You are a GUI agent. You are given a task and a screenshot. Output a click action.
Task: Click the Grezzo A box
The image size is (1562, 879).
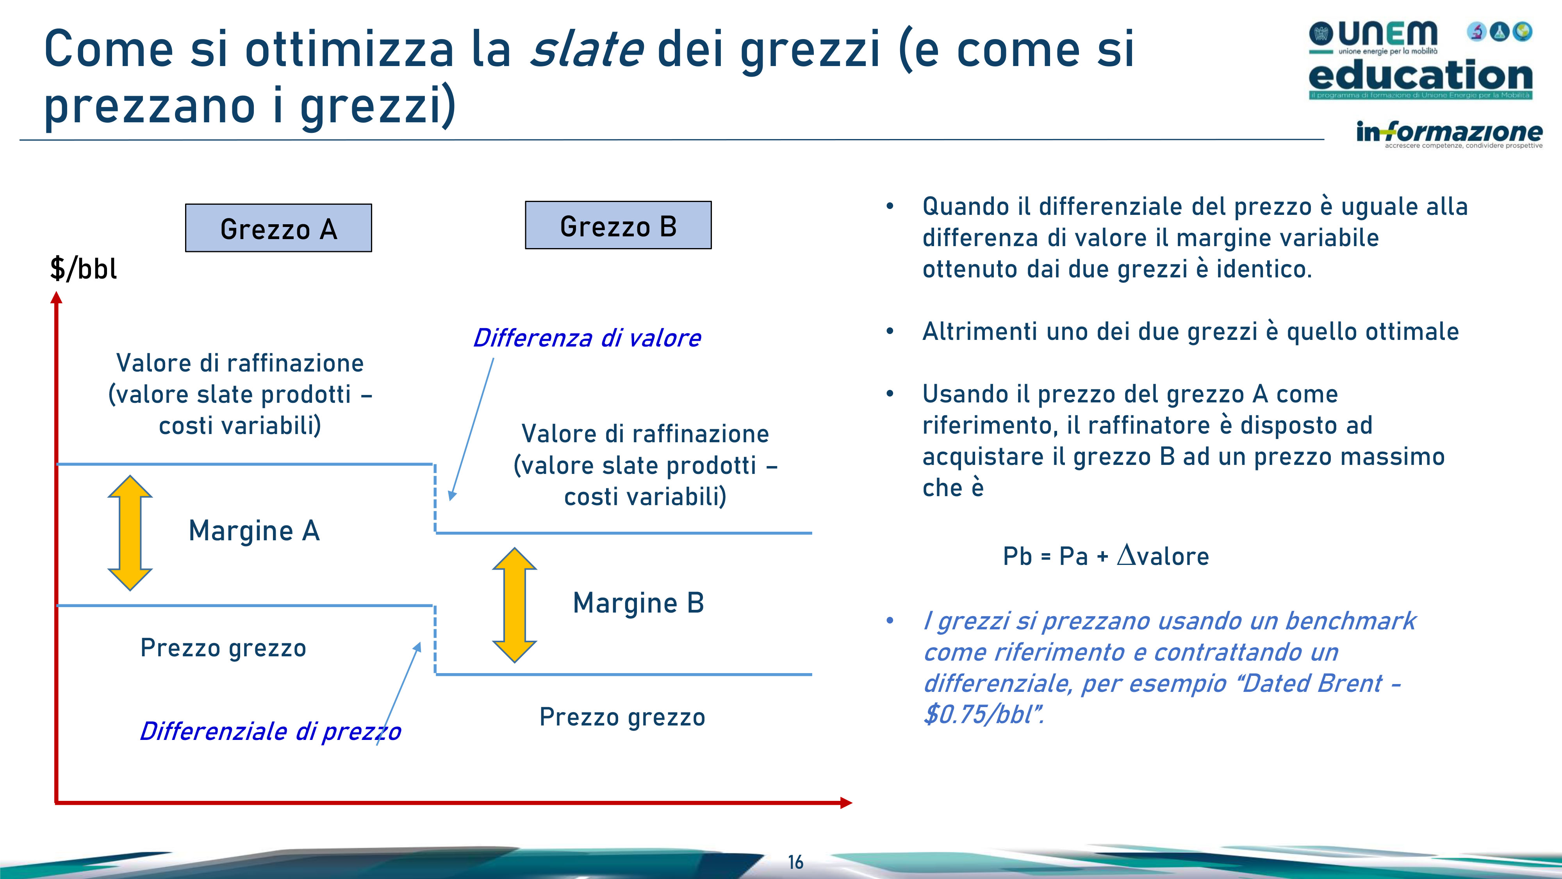[278, 228]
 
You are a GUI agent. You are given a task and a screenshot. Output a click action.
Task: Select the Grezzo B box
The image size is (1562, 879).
[618, 225]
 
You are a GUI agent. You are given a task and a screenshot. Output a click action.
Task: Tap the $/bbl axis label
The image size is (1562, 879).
[83, 269]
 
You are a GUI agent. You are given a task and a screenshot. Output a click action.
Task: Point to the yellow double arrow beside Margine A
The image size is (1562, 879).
[130, 532]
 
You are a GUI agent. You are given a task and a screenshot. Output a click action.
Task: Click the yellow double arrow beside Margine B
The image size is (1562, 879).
[514, 605]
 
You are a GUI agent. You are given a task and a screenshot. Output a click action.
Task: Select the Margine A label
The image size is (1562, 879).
[254, 531]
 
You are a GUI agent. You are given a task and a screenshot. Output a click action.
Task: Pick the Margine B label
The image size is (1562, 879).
[638, 603]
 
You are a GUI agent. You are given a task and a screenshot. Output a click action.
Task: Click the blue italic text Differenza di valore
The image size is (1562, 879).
[587, 338]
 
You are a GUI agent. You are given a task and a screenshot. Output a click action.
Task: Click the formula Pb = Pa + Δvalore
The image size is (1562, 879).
[1106, 556]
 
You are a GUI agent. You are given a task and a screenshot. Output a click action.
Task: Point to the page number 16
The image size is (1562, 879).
[795, 862]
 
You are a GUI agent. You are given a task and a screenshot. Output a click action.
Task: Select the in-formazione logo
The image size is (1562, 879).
[1449, 133]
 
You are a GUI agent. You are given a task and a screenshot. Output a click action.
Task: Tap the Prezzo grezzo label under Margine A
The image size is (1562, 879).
[223, 648]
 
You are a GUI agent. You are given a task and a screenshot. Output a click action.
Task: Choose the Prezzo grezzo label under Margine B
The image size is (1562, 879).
[622, 717]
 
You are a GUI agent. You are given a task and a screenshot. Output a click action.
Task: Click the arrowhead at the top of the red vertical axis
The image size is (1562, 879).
[56, 297]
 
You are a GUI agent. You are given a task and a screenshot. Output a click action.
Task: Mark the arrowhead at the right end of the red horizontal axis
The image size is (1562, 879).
[847, 803]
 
